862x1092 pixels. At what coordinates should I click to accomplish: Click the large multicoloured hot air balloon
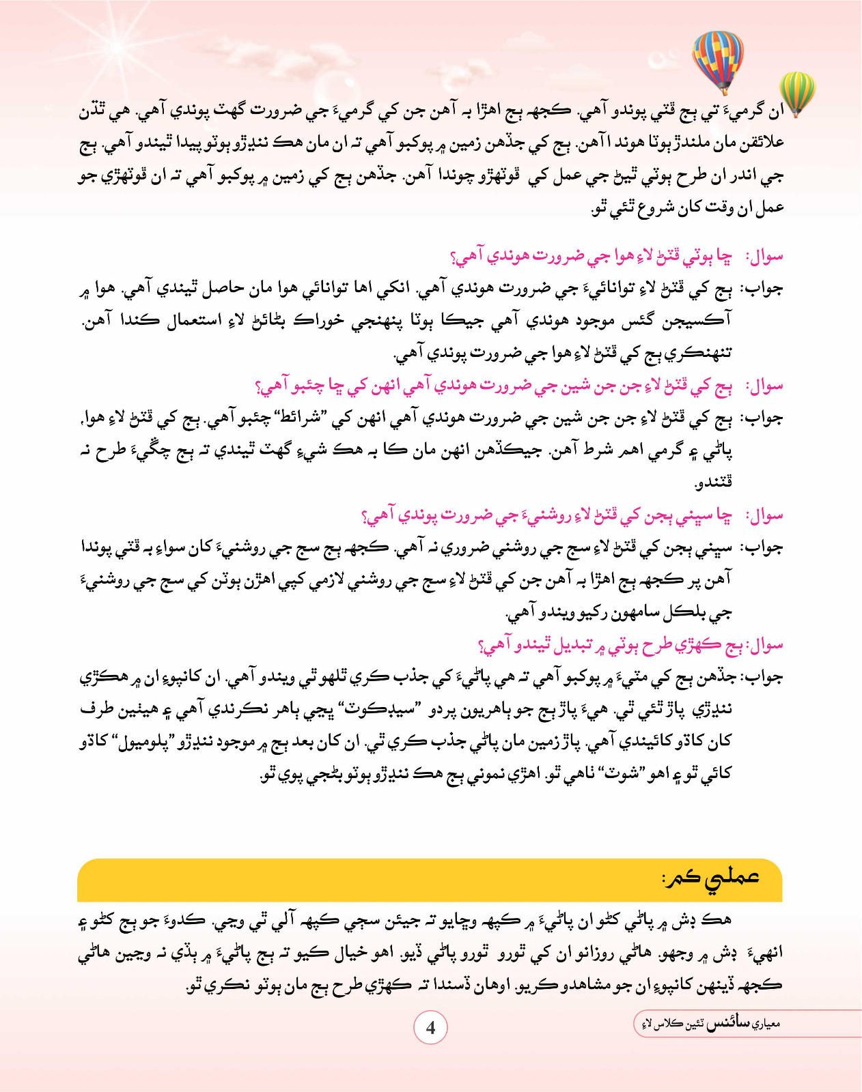coord(717,58)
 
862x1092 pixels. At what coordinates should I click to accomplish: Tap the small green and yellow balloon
coord(797,91)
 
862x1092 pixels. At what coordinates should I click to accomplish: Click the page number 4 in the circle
coord(430,1028)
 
